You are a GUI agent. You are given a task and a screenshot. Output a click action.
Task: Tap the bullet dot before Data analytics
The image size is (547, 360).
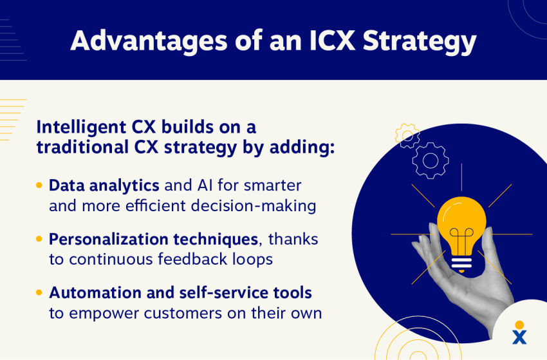[39, 185]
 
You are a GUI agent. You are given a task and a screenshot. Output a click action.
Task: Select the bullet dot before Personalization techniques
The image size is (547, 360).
[39, 239]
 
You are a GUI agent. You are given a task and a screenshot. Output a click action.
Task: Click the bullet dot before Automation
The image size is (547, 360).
[39, 292]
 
